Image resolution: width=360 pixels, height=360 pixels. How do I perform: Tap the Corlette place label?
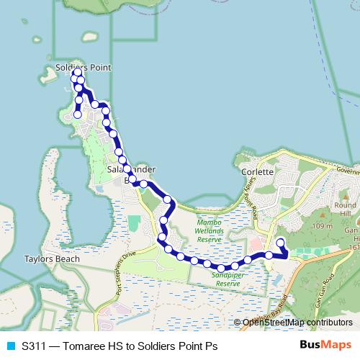coord(258,173)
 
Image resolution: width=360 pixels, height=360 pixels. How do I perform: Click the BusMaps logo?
coord(325,346)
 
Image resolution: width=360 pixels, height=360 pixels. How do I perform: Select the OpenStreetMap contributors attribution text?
coord(294,323)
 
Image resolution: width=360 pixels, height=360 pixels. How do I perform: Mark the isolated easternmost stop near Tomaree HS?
coord(281,243)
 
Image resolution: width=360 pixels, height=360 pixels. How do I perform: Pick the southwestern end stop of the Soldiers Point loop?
coord(78,114)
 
